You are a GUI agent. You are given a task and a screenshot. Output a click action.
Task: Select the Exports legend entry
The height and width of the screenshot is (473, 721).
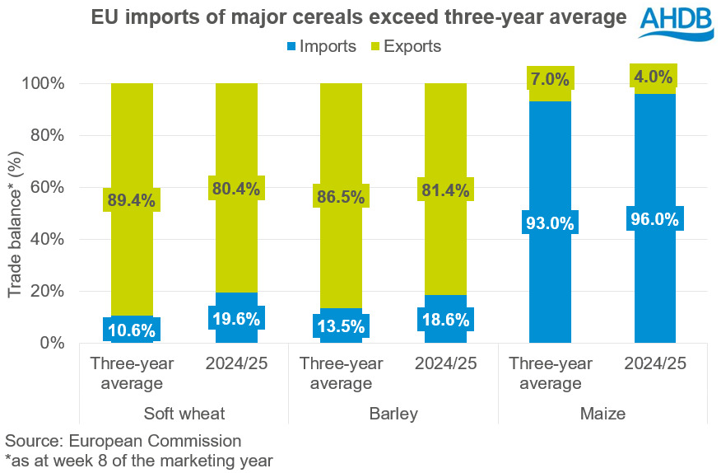click(x=402, y=46)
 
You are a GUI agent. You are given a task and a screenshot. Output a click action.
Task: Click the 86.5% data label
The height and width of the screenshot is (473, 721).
click(x=340, y=199)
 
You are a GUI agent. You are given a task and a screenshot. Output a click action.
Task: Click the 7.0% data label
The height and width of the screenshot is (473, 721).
click(x=550, y=79)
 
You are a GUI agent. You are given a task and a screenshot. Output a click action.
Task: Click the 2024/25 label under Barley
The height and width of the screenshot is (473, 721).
click(x=445, y=363)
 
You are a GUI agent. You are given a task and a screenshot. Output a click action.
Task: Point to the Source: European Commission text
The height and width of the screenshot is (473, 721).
click(x=123, y=441)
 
